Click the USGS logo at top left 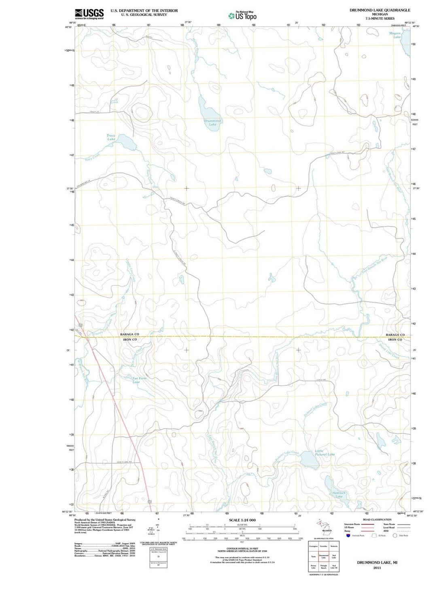(89, 14)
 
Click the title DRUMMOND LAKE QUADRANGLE (380, 10)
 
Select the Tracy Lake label (111, 138)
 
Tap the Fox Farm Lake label (136, 380)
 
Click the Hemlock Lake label (339, 495)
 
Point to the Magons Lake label (395, 35)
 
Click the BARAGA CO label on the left (129, 334)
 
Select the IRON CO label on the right (395, 340)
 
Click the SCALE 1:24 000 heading (242, 520)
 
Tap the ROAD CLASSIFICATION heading (377, 519)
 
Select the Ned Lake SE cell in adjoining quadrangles (334, 567)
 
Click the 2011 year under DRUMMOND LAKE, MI (377, 568)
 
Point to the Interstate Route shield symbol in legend (347, 536)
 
